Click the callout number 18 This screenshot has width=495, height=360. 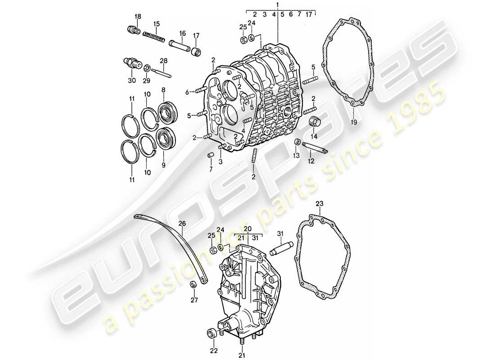[x=138, y=17]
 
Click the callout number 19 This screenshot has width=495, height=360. [x=353, y=122]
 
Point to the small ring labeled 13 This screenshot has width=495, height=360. [x=297, y=143]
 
